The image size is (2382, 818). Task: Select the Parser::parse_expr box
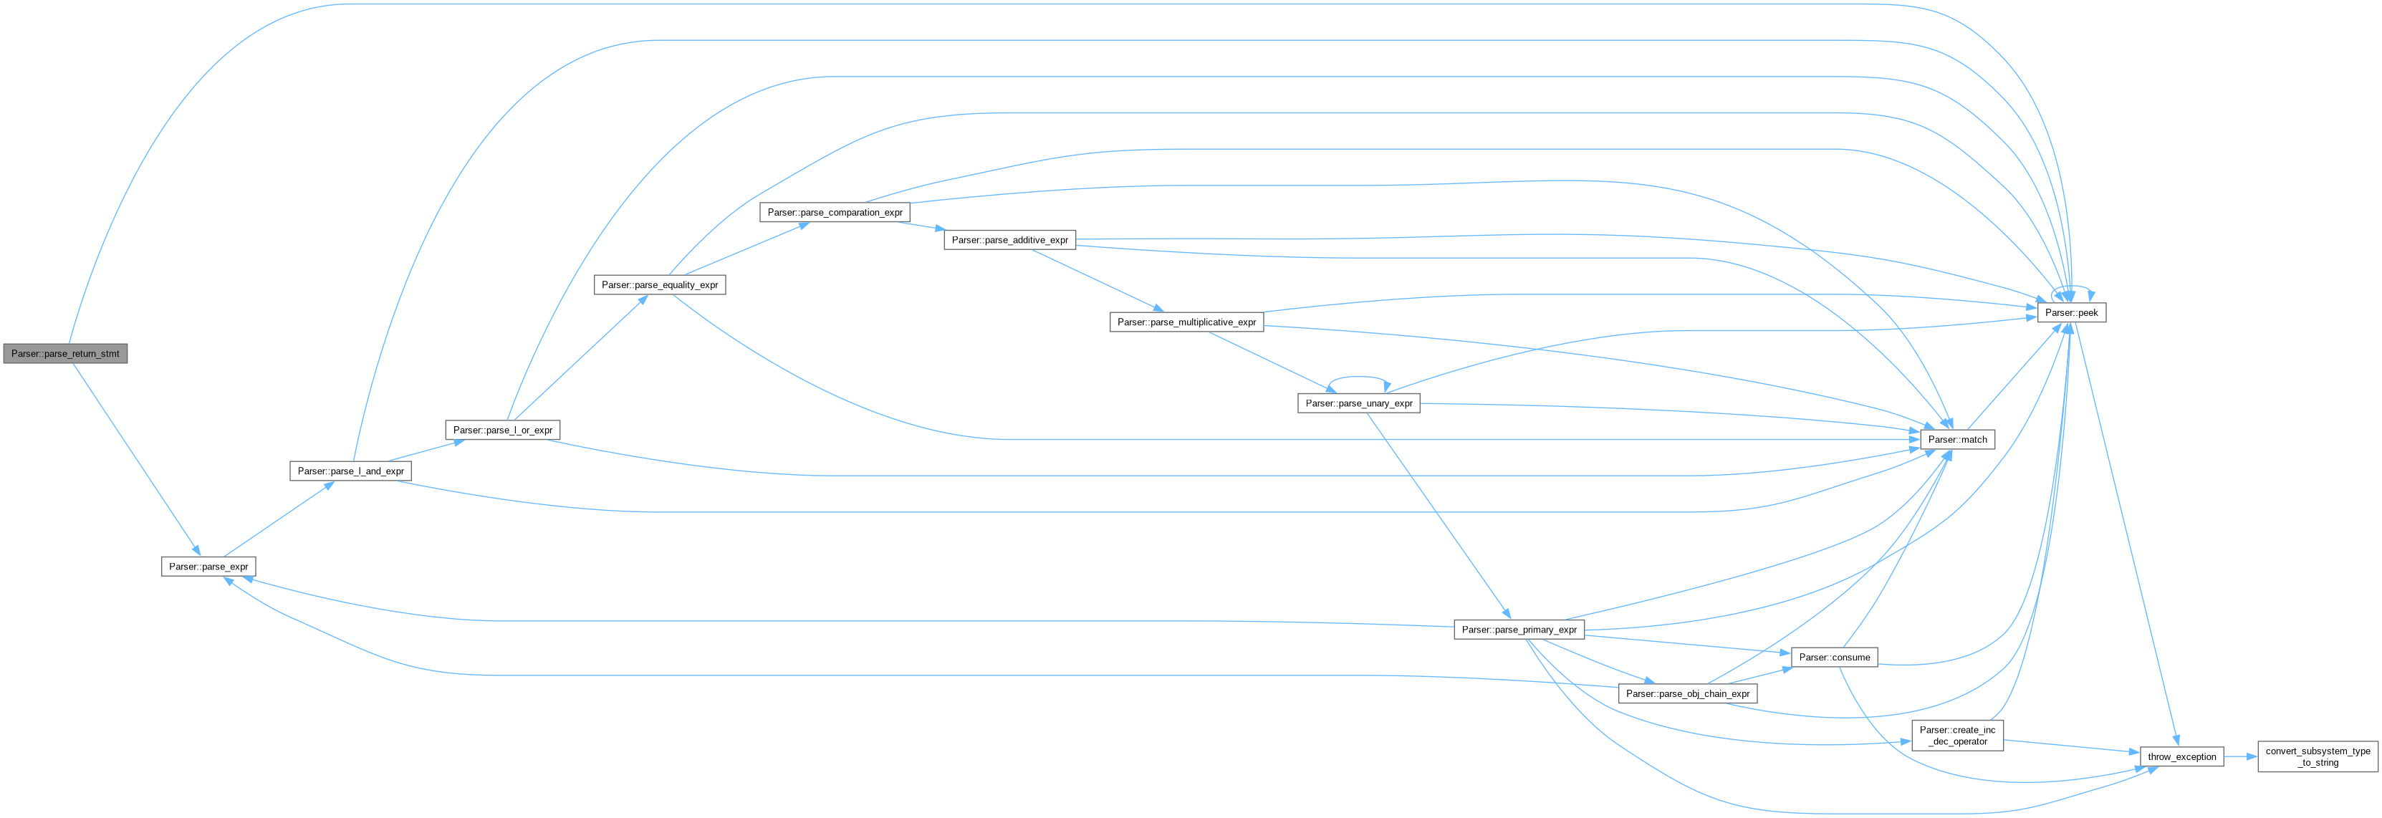(x=208, y=567)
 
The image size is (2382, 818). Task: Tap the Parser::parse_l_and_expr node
(x=350, y=471)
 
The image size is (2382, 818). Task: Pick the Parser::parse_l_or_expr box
(x=502, y=430)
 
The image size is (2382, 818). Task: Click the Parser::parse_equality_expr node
(x=659, y=284)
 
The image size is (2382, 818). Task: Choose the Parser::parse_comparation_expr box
(x=834, y=213)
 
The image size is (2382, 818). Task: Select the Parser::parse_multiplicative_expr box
(x=1186, y=322)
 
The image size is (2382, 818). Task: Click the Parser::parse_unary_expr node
(x=1358, y=403)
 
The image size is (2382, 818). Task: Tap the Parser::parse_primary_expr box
(x=1518, y=630)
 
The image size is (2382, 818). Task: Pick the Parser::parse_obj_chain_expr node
(x=1688, y=694)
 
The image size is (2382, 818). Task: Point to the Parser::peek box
(x=2071, y=313)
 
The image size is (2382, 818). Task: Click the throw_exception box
(x=2181, y=757)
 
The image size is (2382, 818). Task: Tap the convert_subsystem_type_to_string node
(x=2318, y=757)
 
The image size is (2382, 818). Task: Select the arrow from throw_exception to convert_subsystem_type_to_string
(x=2241, y=757)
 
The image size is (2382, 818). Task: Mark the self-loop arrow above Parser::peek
(x=2073, y=287)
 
